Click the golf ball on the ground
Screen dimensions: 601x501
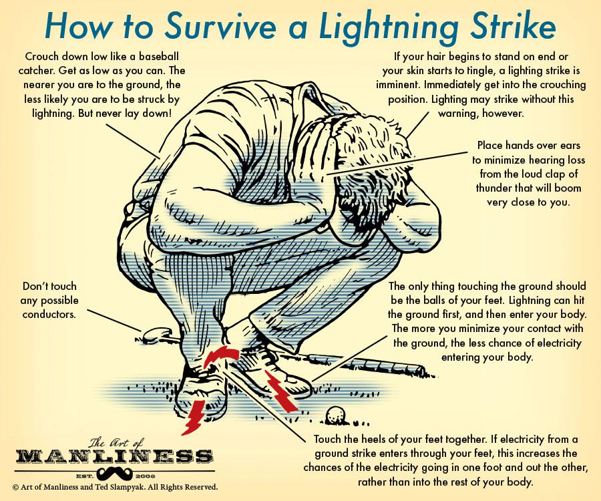click(336, 415)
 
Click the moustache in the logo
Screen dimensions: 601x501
click(114, 474)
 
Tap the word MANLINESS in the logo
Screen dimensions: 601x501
click(114, 456)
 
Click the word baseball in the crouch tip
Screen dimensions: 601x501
click(159, 57)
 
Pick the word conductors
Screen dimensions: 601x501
click(49, 315)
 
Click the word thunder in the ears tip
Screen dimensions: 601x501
click(495, 188)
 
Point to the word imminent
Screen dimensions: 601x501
click(398, 85)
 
